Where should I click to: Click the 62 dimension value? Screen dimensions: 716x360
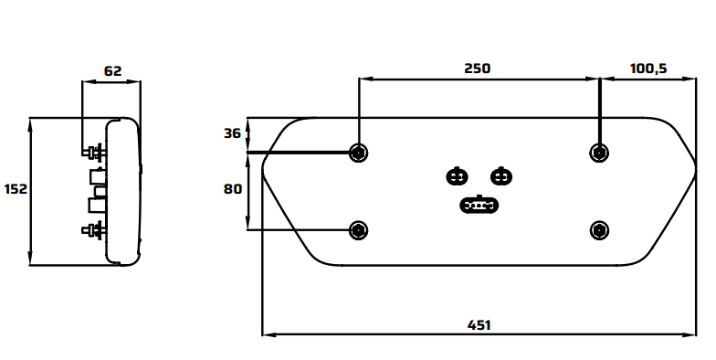pyautogui.click(x=113, y=71)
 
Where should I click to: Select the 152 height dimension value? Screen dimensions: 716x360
pyautogui.click(x=16, y=188)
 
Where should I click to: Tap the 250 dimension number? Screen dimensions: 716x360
pyautogui.click(x=478, y=69)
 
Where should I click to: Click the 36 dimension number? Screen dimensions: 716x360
pyautogui.click(x=232, y=133)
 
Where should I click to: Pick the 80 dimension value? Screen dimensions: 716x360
pyautogui.click(x=232, y=188)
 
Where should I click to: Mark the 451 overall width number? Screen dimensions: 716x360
pyautogui.click(x=479, y=325)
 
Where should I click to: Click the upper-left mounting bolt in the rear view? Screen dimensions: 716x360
pyautogui.click(x=358, y=153)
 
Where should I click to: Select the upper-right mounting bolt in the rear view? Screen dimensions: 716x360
pyautogui.click(x=599, y=153)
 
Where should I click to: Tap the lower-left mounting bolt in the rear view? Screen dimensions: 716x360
pyautogui.click(x=358, y=230)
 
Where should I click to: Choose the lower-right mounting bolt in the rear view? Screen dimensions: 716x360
pyautogui.click(x=599, y=230)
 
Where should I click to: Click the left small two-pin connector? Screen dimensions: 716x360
pyautogui.click(x=457, y=176)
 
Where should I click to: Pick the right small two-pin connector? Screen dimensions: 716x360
pyautogui.click(x=501, y=176)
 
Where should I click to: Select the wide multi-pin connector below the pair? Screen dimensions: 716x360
pyautogui.click(x=479, y=205)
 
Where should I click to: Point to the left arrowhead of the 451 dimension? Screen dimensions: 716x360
pyautogui.click(x=268, y=334)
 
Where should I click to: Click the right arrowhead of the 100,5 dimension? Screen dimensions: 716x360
pyautogui.click(x=690, y=79)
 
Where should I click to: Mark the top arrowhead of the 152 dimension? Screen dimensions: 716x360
pyautogui.click(x=31, y=124)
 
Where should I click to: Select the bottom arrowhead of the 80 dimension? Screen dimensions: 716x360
pyautogui.click(x=248, y=223)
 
